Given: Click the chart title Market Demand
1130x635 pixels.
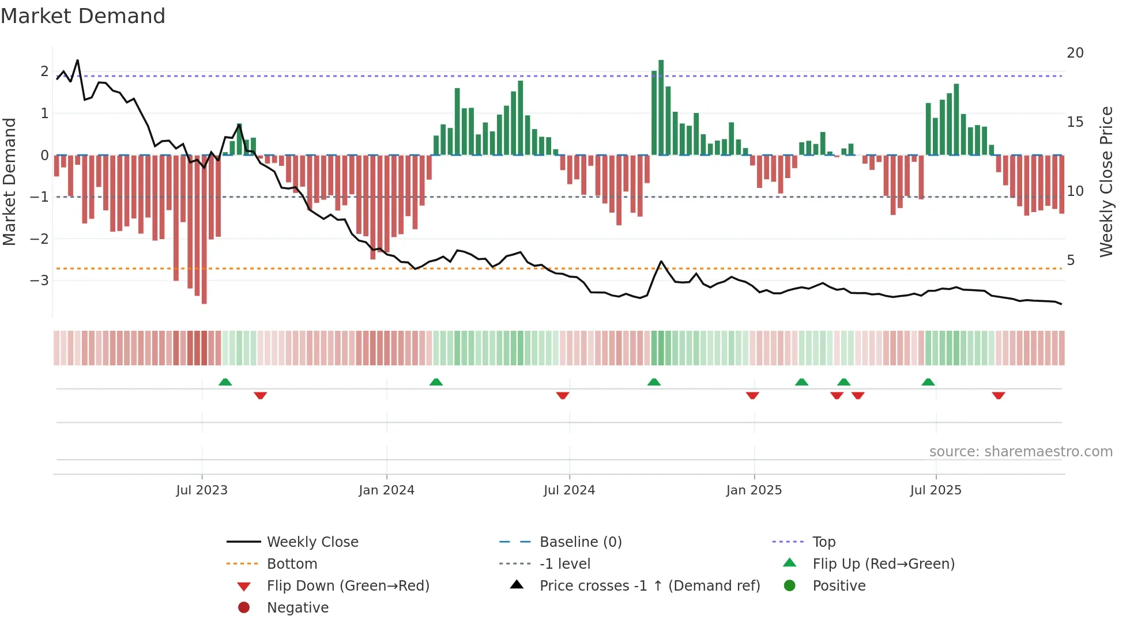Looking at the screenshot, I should [x=83, y=16].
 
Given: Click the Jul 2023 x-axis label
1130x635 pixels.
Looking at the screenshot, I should [x=202, y=490].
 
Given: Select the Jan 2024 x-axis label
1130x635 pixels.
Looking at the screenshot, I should [x=386, y=490].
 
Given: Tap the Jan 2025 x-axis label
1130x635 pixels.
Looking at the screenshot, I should [x=754, y=490].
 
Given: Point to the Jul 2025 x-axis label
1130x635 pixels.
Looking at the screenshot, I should [x=936, y=490].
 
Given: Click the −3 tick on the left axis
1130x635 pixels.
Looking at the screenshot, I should [x=39, y=281].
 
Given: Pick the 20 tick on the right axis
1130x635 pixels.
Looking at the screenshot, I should [x=1075, y=53].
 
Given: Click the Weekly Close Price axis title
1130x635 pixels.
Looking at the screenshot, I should [x=1106, y=182].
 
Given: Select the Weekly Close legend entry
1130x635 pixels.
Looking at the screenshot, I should [x=312, y=542].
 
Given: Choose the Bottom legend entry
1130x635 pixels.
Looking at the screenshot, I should [x=292, y=564].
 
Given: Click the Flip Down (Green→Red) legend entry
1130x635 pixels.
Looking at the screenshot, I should [x=348, y=586].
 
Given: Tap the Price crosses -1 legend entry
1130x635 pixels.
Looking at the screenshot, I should [x=650, y=586].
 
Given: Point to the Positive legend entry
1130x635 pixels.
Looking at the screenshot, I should [x=839, y=586].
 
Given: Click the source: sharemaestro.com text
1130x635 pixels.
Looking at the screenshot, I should [x=1020, y=452].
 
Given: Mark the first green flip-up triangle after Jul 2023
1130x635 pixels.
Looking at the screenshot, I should [x=225, y=382].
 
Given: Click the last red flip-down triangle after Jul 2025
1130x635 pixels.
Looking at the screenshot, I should [x=999, y=395].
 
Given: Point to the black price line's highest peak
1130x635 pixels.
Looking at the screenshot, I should [x=77, y=61].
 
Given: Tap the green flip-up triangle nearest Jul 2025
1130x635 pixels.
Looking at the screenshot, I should [x=928, y=382].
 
